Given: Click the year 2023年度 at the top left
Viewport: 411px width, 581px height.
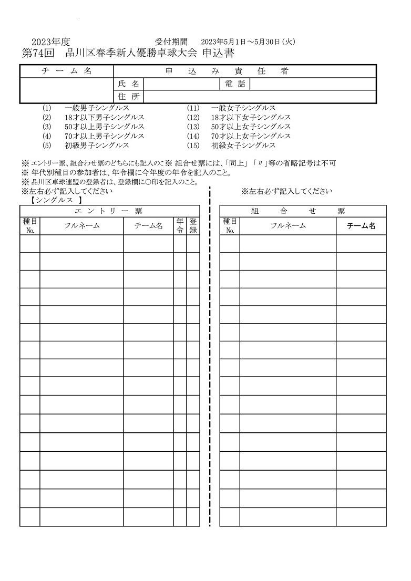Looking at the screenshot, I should pos(51,42).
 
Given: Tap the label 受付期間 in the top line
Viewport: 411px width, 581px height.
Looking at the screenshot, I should pos(168,42).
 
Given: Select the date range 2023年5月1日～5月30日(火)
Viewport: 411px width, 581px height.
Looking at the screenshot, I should pos(249,42).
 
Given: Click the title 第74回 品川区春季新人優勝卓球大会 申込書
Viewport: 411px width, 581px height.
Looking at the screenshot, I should pos(128,53).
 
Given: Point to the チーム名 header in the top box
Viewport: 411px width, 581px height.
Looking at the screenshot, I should pos(66,71).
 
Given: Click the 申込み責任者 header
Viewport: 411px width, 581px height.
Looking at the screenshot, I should pos(245,71).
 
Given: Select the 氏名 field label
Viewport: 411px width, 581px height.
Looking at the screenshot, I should pos(129,84).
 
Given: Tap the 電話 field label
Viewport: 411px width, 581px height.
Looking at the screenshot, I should pos(234,84).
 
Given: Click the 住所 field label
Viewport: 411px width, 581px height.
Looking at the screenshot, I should pos(129,97).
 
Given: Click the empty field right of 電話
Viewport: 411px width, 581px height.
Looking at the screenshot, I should pos(313,84).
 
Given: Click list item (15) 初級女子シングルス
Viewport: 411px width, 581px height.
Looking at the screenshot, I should pos(231,146).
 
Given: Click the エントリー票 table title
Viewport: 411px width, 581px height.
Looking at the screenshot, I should pos(109,211).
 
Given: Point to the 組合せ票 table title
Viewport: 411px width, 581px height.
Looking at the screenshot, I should pos(298,211).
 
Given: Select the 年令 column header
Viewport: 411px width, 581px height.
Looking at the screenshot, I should pos(180,226).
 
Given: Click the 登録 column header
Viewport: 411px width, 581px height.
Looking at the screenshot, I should pos(193,226).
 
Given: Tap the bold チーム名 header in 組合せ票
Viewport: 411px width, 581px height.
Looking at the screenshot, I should pos(361,226).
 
